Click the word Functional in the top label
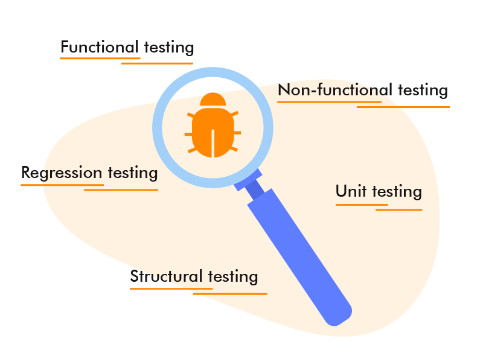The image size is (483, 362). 100,47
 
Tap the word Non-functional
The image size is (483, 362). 335,90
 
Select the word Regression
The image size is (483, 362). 62,173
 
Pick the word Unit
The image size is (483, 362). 351,191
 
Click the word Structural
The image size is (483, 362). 167,276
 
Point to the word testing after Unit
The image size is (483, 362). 397,192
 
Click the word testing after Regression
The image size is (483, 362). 133,173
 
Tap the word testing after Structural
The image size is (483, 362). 233,277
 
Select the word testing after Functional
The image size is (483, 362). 169,48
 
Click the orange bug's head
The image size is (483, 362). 213,100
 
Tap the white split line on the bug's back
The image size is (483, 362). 213,144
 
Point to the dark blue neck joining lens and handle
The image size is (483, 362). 255,188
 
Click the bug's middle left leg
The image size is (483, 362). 188,134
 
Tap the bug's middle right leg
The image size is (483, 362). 237,133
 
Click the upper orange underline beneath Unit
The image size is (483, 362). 362,205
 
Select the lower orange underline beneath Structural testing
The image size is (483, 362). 230,294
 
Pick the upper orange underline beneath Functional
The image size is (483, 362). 100,58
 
